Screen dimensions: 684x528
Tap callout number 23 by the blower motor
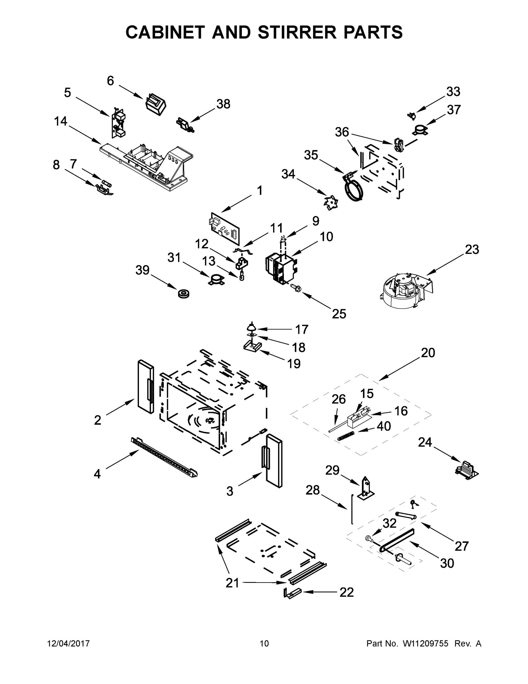472,250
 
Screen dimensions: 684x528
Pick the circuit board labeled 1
225,228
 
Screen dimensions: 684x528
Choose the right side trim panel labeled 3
274,460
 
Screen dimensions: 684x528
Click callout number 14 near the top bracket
60,121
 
